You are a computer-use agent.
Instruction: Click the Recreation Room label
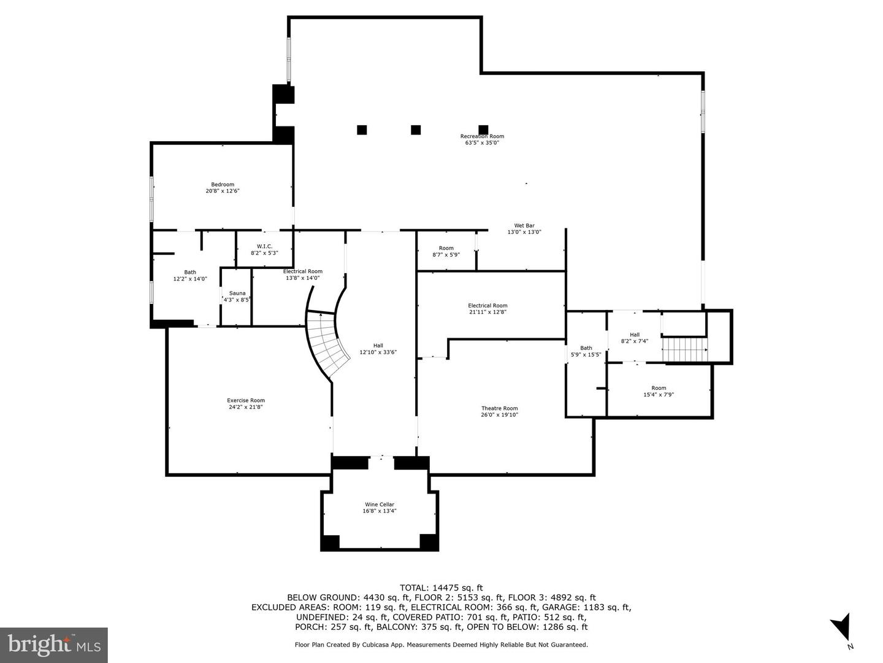click(x=482, y=136)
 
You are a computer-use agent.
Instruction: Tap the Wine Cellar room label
click(x=380, y=505)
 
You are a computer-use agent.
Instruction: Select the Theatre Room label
click(x=500, y=408)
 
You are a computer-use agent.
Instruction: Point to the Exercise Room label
click(x=246, y=400)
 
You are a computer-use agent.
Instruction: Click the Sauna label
click(x=237, y=293)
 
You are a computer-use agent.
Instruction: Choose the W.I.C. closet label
click(x=265, y=246)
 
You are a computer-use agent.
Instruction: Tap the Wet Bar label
click(x=524, y=226)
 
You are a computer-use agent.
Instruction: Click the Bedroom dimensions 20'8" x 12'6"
click(x=223, y=191)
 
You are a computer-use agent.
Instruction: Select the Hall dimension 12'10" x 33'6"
click(x=378, y=352)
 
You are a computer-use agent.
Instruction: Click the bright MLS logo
click(x=54, y=645)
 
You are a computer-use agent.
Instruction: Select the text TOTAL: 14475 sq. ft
click(x=441, y=588)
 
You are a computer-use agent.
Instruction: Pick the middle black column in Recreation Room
click(x=416, y=130)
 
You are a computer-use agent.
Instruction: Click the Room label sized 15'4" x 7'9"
click(x=659, y=388)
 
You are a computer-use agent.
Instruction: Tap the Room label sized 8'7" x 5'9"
click(x=446, y=249)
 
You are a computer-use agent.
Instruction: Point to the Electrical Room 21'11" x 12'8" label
click(x=487, y=306)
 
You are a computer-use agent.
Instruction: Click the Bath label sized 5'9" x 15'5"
click(x=586, y=348)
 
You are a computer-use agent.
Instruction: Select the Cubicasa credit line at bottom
click(x=442, y=645)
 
